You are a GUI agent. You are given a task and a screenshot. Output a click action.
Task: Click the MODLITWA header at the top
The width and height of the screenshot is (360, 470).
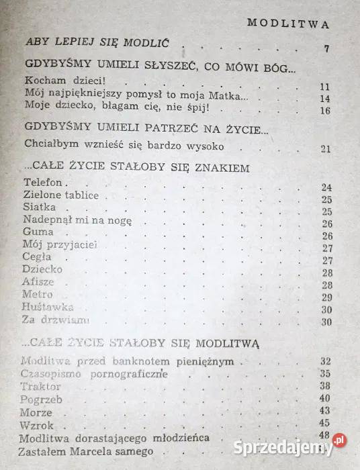tap(288, 23)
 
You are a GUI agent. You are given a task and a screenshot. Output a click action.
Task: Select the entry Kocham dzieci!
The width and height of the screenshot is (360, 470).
tap(51, 84)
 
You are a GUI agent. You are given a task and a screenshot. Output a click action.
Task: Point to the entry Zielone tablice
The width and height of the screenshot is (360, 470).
tap(60, 195)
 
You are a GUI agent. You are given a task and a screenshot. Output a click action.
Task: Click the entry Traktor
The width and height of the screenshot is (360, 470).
tap(41, 387)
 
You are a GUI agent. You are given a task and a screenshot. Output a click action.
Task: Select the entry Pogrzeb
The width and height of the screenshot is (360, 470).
tap(42, 399)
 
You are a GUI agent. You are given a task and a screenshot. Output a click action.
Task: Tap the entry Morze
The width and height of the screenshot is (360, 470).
tap(38, 412)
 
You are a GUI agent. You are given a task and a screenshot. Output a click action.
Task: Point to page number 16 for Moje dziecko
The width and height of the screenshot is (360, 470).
tap(326, 111)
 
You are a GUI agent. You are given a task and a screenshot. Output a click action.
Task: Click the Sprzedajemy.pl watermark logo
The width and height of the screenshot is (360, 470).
tap(297, 442)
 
